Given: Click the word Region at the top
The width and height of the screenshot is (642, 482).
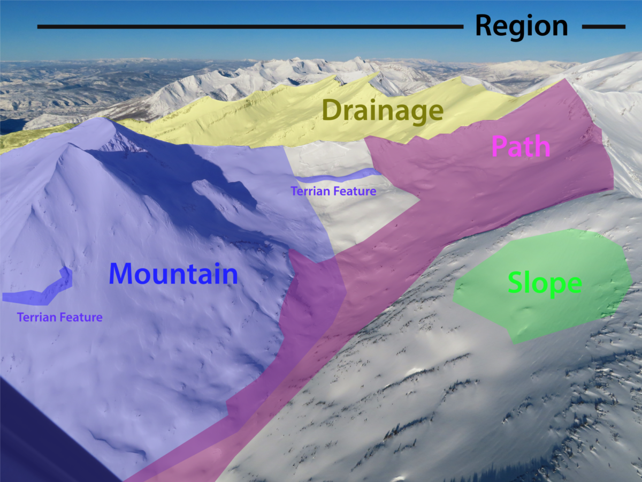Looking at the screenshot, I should click(521, 26).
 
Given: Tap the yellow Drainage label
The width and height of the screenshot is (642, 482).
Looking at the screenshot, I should click(383, 111).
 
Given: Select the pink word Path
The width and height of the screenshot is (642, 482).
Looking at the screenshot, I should click(521, 146).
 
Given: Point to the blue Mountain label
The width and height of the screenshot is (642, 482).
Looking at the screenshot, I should click(173, 273).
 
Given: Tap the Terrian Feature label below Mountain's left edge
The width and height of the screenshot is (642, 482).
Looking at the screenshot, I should click(59, 317).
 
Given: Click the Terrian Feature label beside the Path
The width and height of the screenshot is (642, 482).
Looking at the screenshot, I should click(333, 191).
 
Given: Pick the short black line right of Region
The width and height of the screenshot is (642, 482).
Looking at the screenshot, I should click(603, 26).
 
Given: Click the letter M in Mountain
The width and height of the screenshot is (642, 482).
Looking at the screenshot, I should click(122, 273).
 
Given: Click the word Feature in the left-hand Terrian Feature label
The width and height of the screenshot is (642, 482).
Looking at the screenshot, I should click(80, 317).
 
